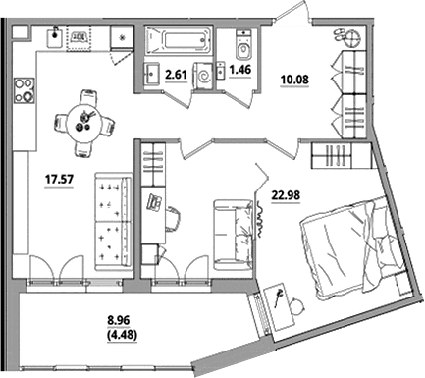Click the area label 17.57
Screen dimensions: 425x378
[x=59, y=180]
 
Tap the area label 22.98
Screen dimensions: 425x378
[x=286, y=195]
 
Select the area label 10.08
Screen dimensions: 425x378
[x=294, y=80]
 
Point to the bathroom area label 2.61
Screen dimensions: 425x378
[x=176, y=75]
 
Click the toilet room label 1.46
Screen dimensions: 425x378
[x=240, y=70]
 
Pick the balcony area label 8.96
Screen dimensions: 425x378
[x=119, y=321]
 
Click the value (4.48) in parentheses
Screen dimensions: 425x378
[x=122, y=335]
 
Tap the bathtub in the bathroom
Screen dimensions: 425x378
[x=179, y=41]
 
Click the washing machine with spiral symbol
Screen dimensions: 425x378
[x=204, y=76]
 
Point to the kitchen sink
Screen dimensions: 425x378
[x=55, y=37]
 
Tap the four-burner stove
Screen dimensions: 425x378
[x=24, y=89]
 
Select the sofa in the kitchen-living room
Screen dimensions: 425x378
[x=113, y=222]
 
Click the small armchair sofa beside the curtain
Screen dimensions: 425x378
[x=234, y=235]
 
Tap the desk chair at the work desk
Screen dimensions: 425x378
[x=173, y=218]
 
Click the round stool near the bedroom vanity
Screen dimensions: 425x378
[x=297, y=305]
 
